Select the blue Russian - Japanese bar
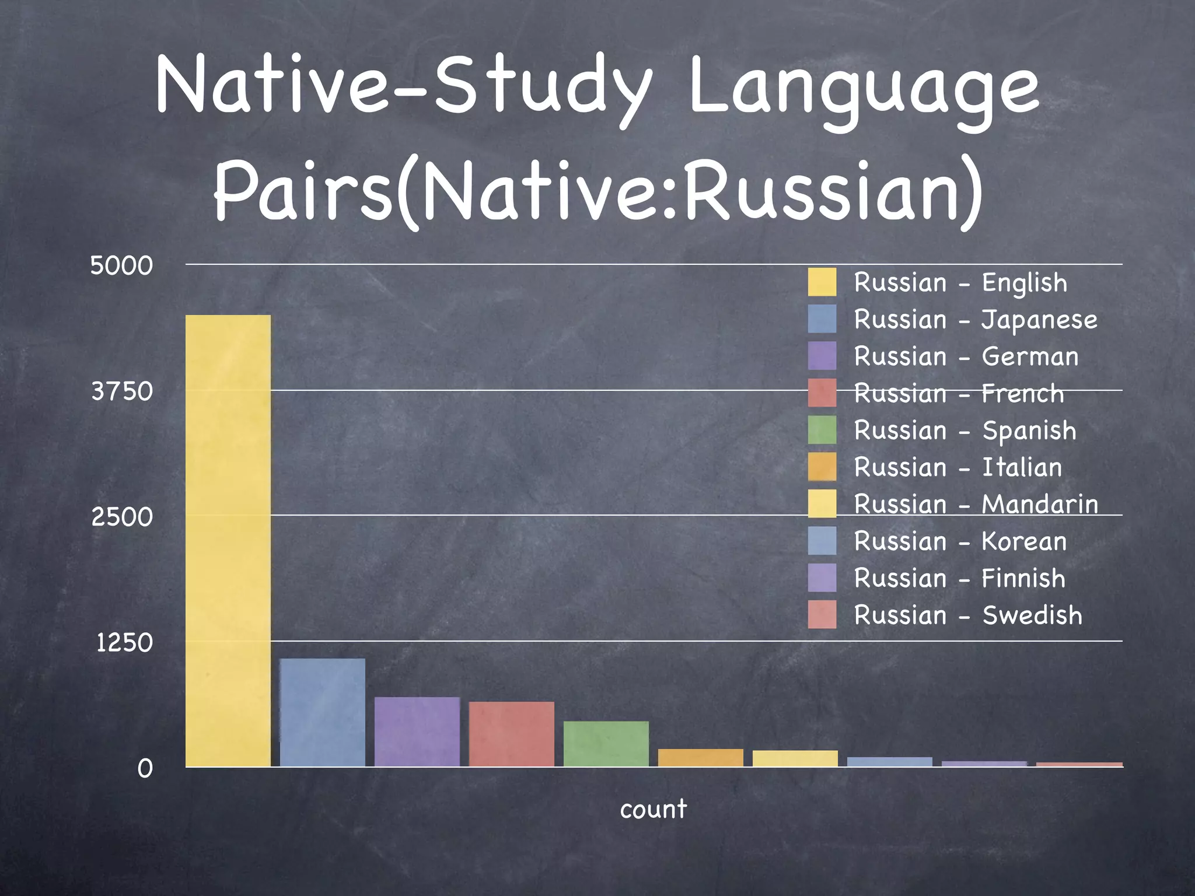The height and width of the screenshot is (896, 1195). pyautogui.click(x=323, y=712)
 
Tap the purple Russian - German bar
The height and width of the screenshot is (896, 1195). pyautogui.click(x=417, y=731)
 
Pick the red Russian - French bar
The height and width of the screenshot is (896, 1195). pyautogui.click(x=511, y=734)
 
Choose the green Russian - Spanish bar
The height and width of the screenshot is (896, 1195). pyautogui.click(x=606, y=744)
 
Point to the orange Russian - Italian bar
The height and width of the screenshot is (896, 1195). pyautogui.click(x=700, y=757)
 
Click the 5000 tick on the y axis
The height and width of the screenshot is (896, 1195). pyautogui.click(x=121, y=266)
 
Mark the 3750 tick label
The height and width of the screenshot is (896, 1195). pyautogui.click(x=122, y=391)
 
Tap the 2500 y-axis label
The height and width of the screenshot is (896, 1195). pyautogui.click(x=122, y=517)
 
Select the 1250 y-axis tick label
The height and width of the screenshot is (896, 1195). pyautogui.click(x=124, y=643)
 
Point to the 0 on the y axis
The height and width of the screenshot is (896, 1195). pyautogui.click(x=145, y=769)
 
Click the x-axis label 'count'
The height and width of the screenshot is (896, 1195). pyautogui.click(x=653, y=809)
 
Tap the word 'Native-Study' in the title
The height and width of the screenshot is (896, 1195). pyautogui.click(x=403, y=87)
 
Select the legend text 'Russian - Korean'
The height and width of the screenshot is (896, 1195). pyautogui.click(x=960, y=541)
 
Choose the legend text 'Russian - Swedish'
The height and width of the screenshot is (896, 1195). pyautogui.click(x=967, y=615)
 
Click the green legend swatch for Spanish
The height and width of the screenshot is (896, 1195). pyautogui.click(x=822, y=430)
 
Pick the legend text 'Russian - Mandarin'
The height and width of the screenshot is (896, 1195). pyautogui.click(x=976, y=504)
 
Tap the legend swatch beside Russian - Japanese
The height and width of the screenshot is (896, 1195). pyautogui.click(x=822, y=319)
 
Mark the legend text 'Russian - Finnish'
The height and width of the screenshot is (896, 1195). pyautogui.click(x=959, y=578)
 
